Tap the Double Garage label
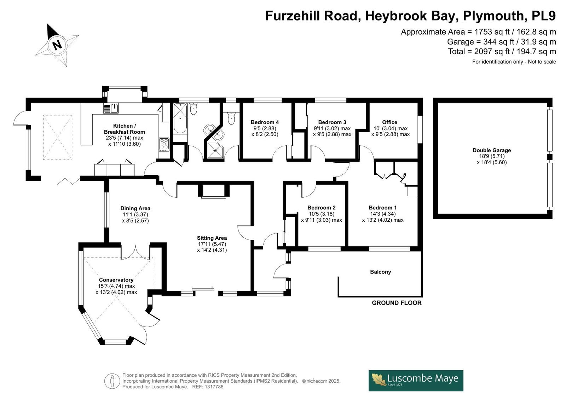click(x=492, y=150)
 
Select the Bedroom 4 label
click(x=265, y=122)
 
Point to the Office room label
click(x=389, y=122)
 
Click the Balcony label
click(x=381, y=272)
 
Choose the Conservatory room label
click(x=116, y=280)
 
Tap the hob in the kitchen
click(x=164, y=145)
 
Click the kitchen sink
click(x=111, y=109)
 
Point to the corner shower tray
click(x=215, y=150)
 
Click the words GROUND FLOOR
click(x=397, y=303)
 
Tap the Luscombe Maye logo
click(x=416, y=381)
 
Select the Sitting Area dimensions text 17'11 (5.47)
click(x=212, y=244)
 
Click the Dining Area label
click(x=135, y=208)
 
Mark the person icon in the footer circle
click(x=112, y=381)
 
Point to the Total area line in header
click(x=502, y=52)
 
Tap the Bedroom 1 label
click(x=382, y=208)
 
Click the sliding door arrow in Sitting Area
click(x=203, y=288)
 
